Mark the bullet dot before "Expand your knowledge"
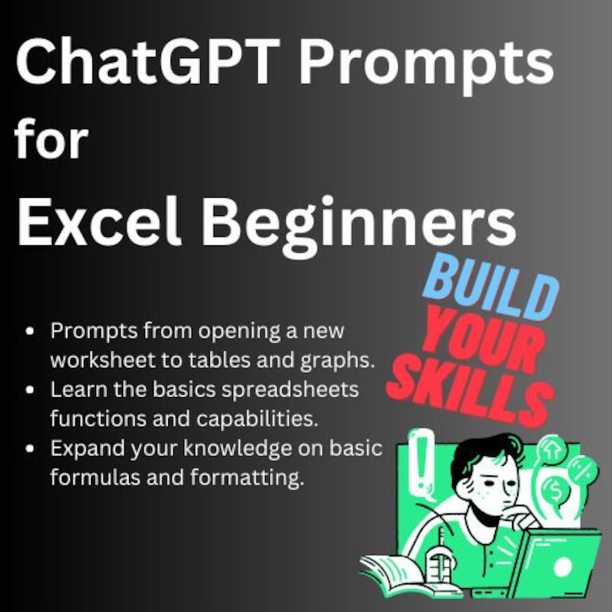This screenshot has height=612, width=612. point(31,449)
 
